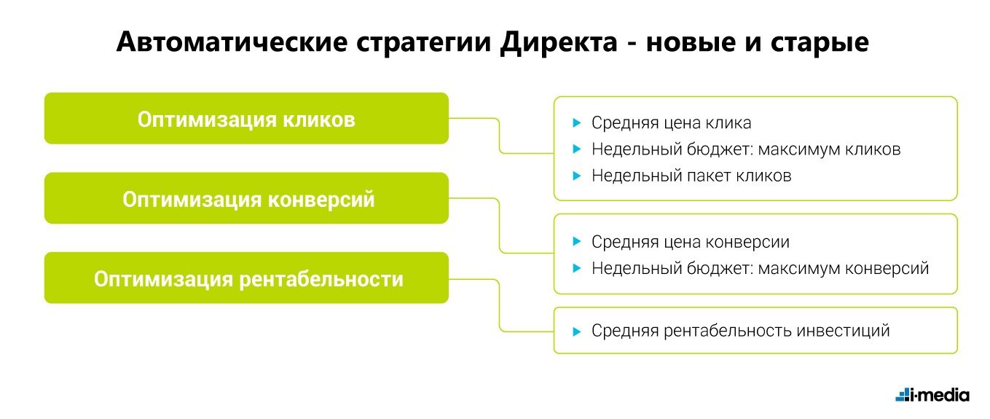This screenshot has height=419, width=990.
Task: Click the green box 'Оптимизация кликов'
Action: coord(246,118)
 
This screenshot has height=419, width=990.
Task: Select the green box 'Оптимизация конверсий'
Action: coord(246,198)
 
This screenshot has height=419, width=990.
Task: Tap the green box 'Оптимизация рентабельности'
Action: coord(246,278)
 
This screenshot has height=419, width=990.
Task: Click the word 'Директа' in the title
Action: coord(559,43)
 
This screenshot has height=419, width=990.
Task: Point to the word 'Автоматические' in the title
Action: coord(232,42)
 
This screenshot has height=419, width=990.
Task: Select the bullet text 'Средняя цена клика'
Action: coord(672,123)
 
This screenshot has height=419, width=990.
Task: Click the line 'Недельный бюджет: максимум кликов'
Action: coord(746,149)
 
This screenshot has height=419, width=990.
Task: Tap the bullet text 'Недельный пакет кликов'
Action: coord(691,176)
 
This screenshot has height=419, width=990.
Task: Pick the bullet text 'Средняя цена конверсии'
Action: coord(691,242)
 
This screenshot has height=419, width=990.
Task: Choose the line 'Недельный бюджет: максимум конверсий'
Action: coord(761,269)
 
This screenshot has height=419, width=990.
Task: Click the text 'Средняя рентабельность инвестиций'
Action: coord(740,331)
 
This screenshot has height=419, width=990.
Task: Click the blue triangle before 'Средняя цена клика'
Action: coord(576,123)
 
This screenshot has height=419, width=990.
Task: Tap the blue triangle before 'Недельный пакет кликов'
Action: coord(576,176)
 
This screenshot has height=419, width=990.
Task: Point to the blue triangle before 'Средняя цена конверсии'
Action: coord(576,241)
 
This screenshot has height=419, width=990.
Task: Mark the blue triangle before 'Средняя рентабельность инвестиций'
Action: coord(576,332)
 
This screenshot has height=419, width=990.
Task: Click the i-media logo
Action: coord(932,395)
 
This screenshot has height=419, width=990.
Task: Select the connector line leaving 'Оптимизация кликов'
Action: coord(500,136)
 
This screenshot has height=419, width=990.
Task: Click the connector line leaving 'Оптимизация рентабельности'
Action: coord(500,305)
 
